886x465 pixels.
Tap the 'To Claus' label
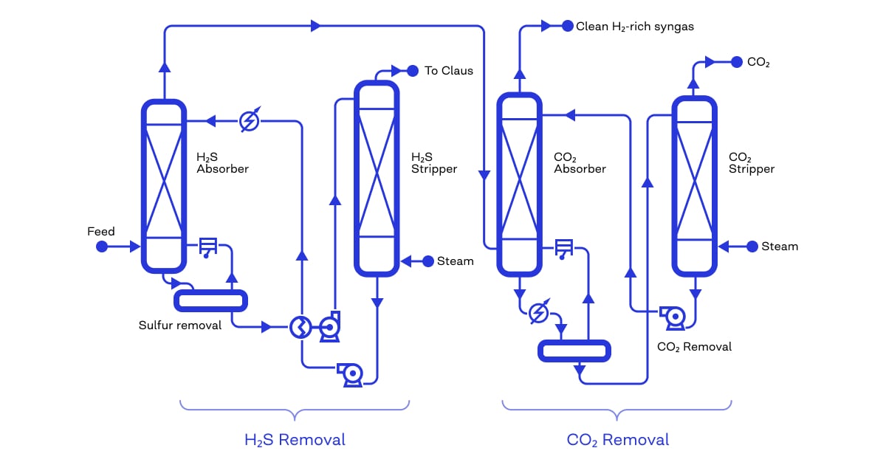click(449, 71)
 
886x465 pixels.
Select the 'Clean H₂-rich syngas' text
click(634, 27)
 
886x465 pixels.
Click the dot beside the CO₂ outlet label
click(736, 62)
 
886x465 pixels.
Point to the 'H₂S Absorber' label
click(222, 163)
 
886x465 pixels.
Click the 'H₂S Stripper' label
click(434, 163)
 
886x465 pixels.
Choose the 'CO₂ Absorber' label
click(580, 163)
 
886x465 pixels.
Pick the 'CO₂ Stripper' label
click(752, 163)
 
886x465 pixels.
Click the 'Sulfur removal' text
click(180, 325)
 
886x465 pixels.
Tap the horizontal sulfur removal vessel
click(210, 300)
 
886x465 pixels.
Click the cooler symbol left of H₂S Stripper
click(250, 120)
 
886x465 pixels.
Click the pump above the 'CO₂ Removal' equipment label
click(673, 316)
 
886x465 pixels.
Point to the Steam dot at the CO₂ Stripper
click(752, 246)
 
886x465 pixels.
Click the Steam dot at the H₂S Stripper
click(427, 261)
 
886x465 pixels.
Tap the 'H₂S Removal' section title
click(295, 440)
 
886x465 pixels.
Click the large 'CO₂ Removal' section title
click(618, 440)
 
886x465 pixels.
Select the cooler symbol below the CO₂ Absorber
click(539, 313)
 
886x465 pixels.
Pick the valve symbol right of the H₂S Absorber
click(208, 247)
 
